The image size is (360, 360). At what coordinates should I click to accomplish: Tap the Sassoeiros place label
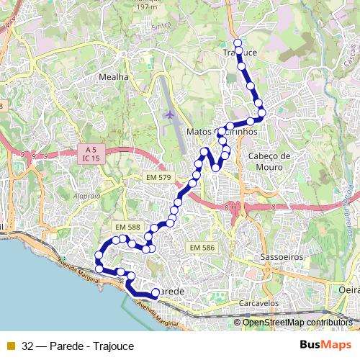click(279, 256)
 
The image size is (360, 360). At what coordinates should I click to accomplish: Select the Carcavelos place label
click(259, 303)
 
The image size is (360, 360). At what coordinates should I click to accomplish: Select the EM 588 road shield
click(127, 228)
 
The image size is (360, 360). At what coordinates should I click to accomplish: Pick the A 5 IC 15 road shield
click(89, 154)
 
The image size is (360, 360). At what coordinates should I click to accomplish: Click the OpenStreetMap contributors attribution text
click(297, 322)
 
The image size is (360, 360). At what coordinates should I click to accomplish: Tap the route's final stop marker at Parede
click(155, 292)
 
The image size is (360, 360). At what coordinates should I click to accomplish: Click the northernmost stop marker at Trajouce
click(238, 43)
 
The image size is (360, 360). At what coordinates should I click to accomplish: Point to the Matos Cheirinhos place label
click(222, 132)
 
